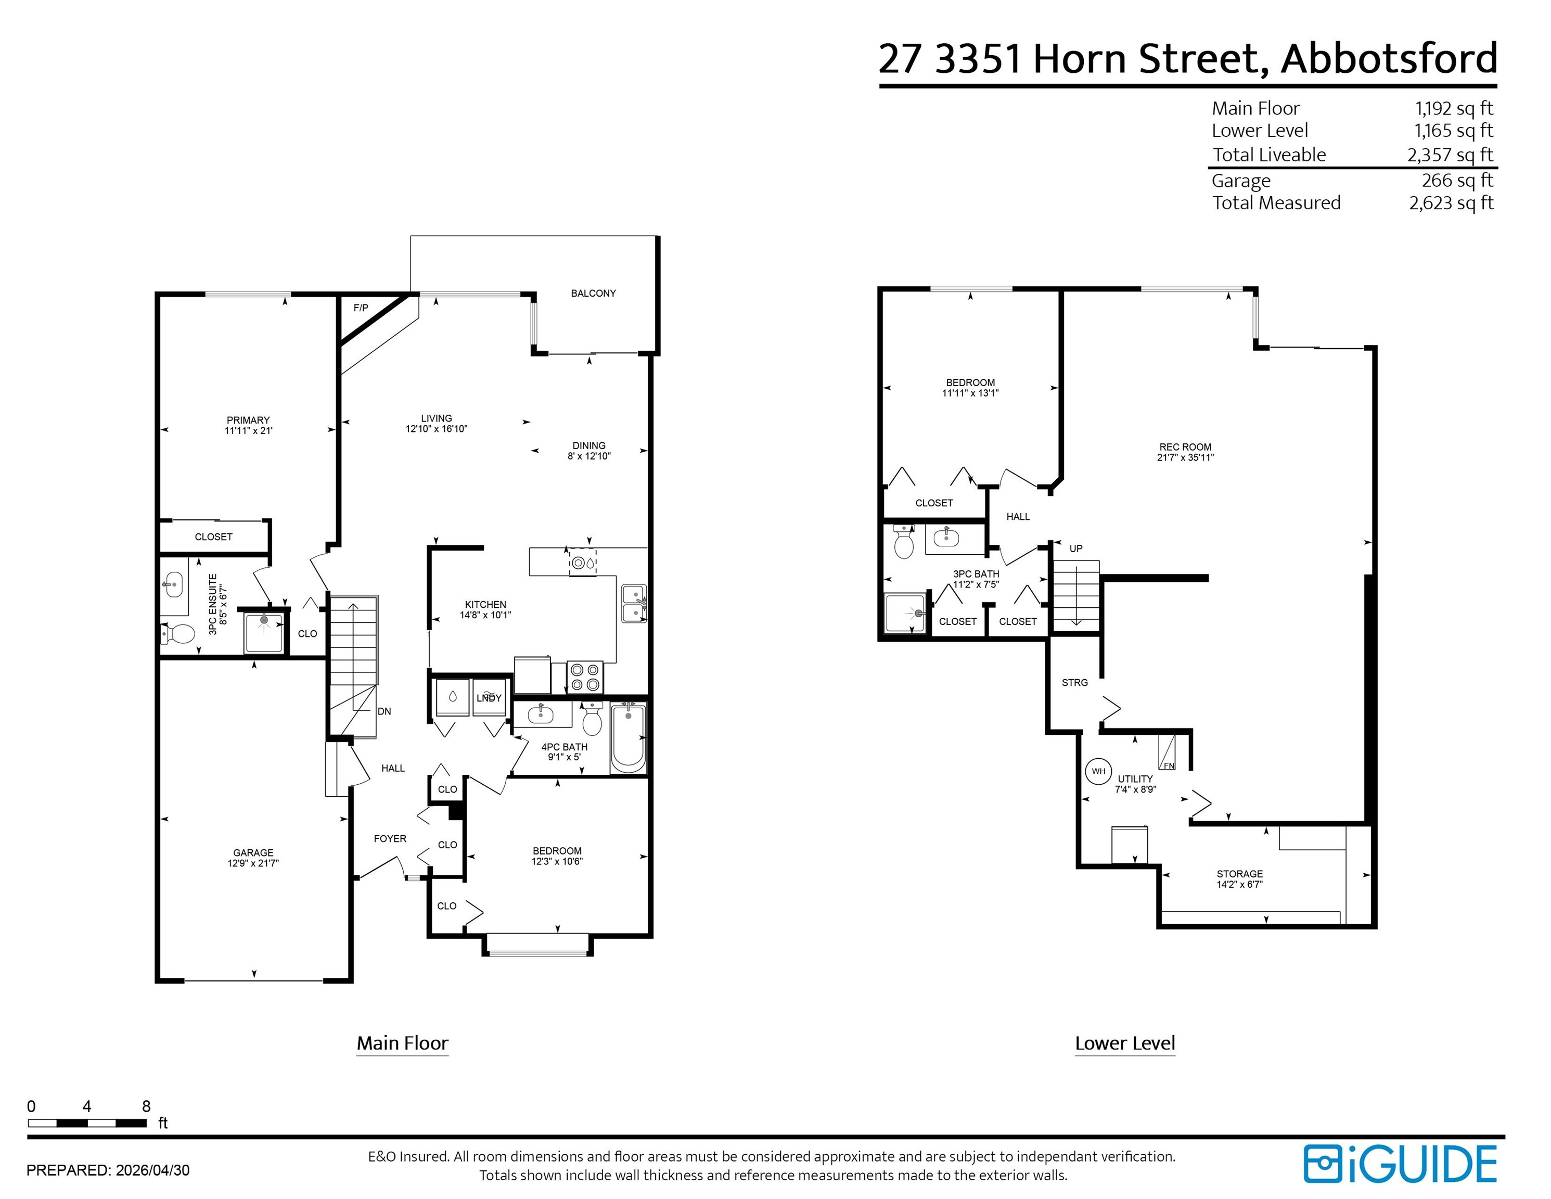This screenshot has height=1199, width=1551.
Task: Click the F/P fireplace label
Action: pos(361,308)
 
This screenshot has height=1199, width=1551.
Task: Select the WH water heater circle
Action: pos(1099,771)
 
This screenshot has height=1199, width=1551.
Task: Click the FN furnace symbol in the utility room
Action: pos(1167,753)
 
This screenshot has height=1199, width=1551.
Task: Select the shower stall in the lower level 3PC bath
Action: pos(905,613)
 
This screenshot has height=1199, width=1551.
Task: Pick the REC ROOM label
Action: pos(1185,448)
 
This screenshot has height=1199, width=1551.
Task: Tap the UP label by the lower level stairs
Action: pos(1076,549)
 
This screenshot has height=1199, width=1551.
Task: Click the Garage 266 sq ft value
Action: pos(1457,181)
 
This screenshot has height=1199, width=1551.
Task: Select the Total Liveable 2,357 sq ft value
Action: pos(1450,155)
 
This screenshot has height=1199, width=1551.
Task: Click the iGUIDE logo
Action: pos(1400,1164)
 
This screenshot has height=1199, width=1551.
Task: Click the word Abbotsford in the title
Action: pos(1389,58)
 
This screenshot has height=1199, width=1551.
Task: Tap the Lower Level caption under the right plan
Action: pos(1125,1043)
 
